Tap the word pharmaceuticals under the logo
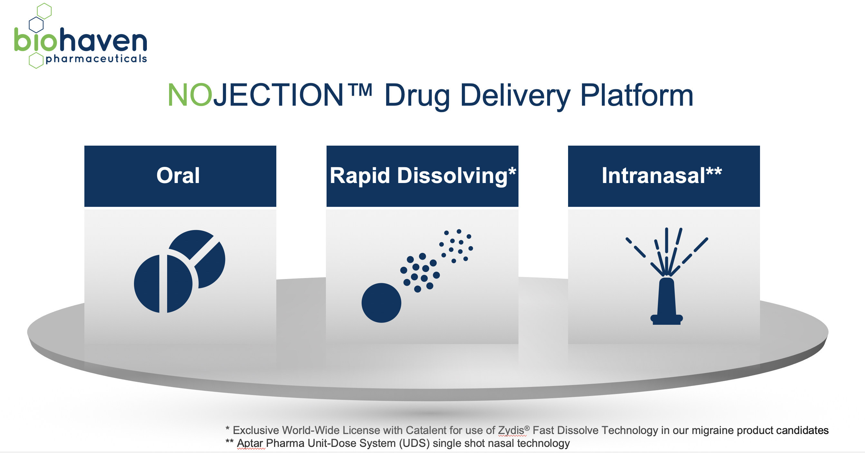pos(96,59)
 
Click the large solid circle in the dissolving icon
pos(381,303)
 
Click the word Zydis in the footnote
pos(510,430)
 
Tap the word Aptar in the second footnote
pos(250,443)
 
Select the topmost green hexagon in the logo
pos(44,11)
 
